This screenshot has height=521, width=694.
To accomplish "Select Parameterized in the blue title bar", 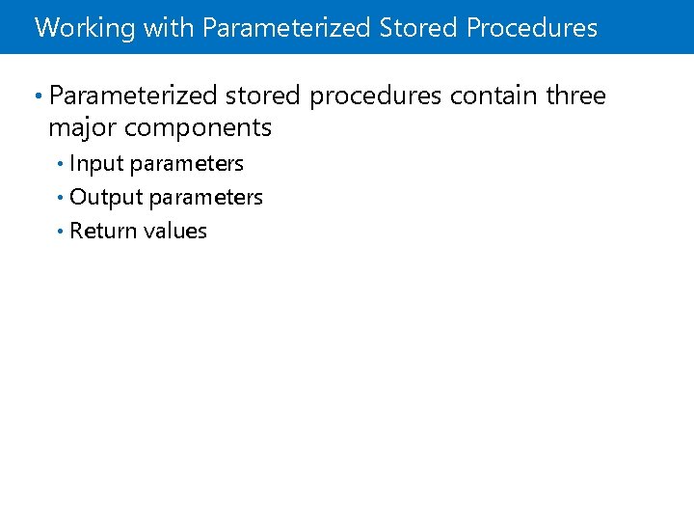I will coord(286,28).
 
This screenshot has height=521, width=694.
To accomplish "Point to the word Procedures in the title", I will coord(532,27).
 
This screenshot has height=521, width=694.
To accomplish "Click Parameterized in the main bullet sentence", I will coord(133,96).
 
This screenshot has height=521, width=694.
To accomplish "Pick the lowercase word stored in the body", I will coord(262,96).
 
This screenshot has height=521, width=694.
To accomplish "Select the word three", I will coord(575,96).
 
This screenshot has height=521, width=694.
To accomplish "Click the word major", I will coord(83,127).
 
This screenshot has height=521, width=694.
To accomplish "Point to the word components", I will coord(198,128).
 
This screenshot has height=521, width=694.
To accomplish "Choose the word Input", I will coord(96,164).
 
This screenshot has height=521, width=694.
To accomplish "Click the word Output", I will coord(105,198).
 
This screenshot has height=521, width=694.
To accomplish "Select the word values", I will coord(175,231).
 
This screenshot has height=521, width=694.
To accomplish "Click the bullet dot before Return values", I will coord(61,231).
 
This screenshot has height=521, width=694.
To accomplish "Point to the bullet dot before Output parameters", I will coord(61,197).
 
